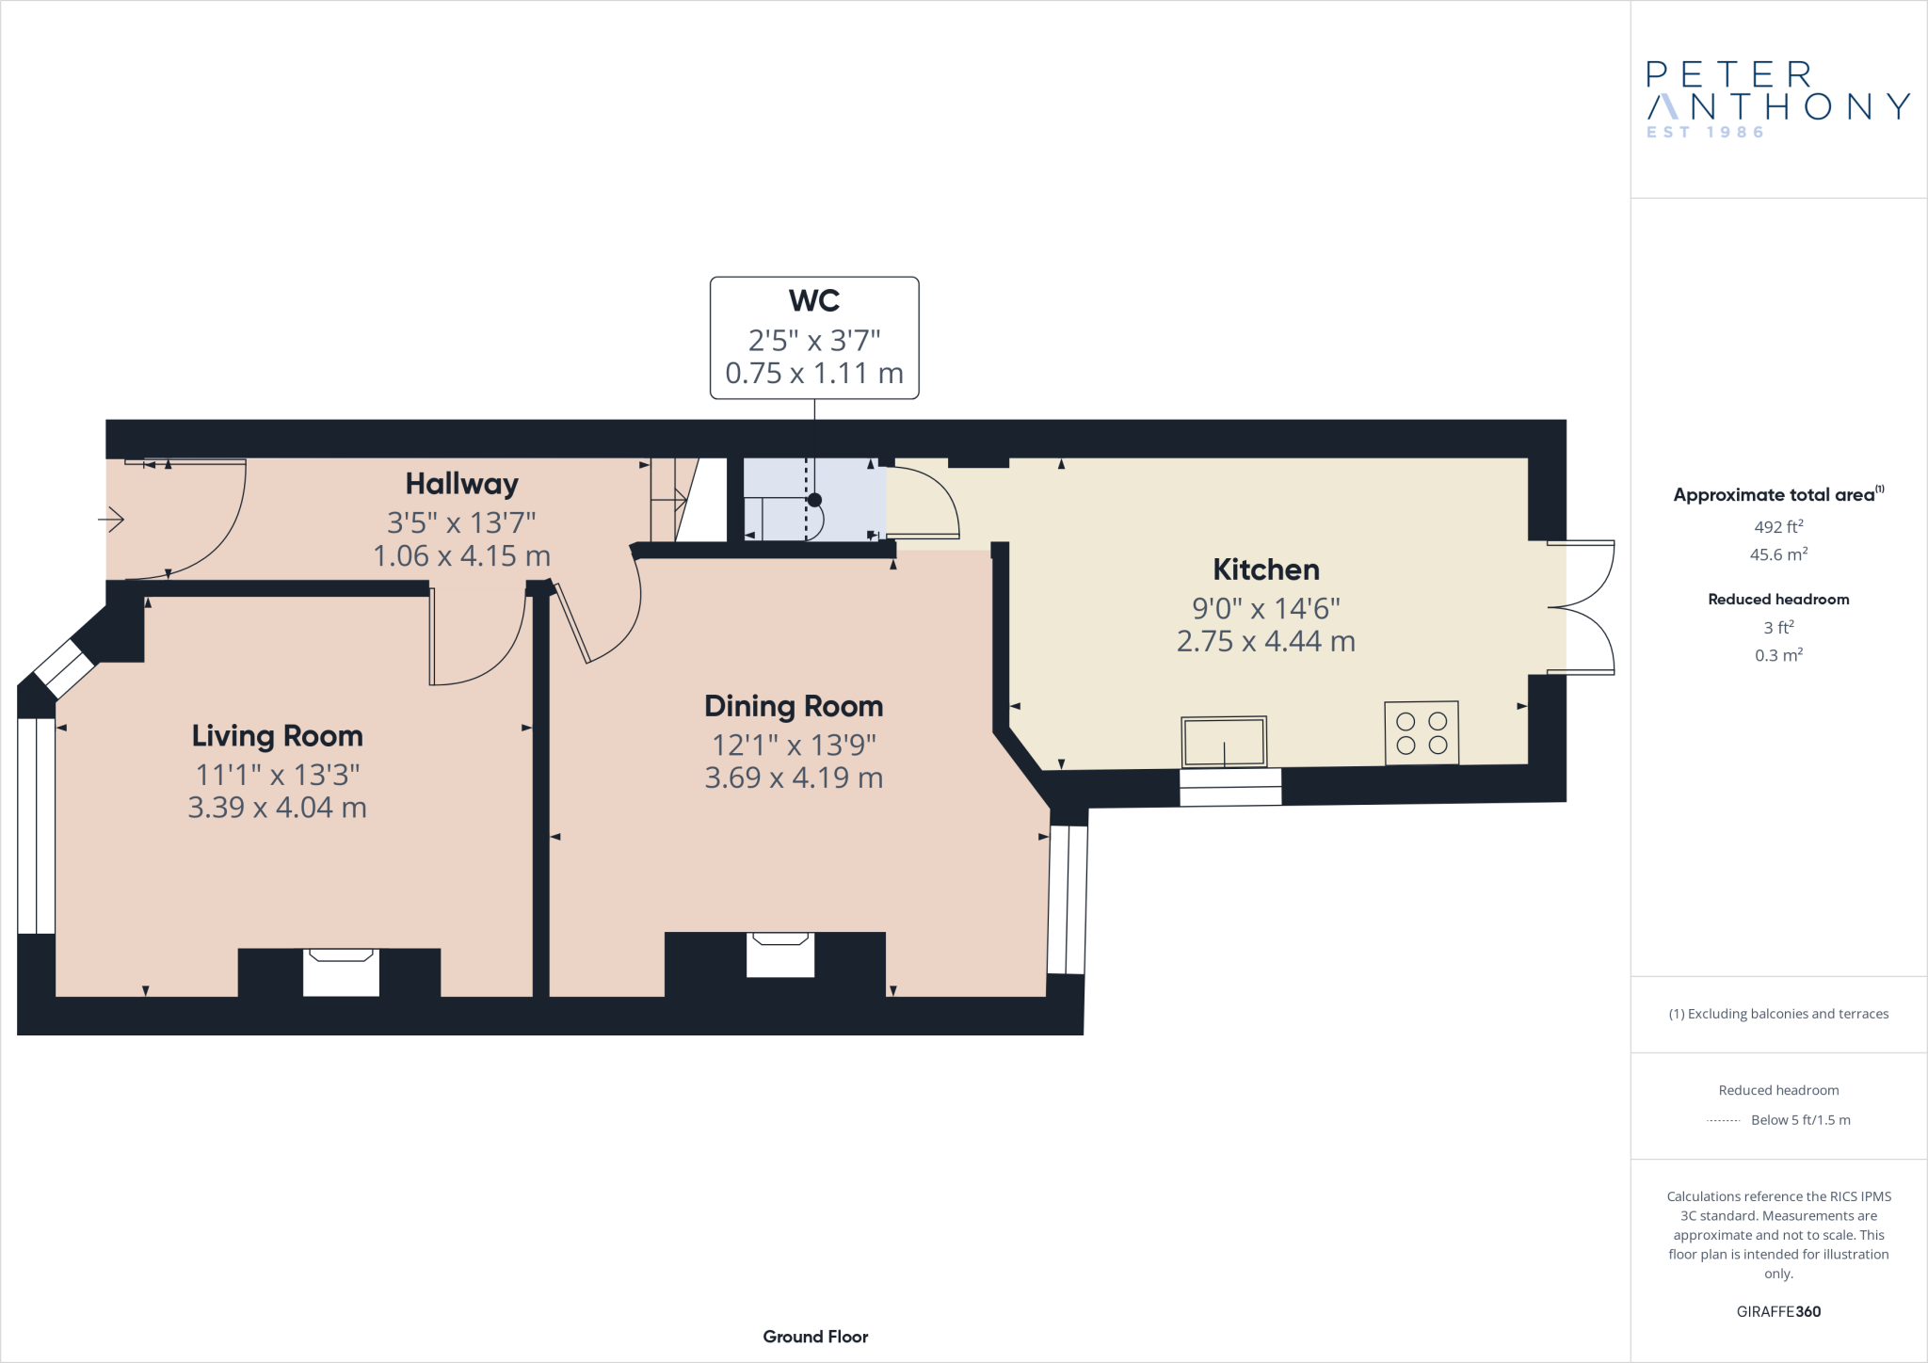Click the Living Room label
[277, 736]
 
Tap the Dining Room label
[794, 706]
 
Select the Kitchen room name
[1265, 569]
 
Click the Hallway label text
[461, 484]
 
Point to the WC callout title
[813, 300]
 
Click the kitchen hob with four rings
[1421, 732]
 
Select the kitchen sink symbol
[1224, 742]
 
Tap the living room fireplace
[341, 971]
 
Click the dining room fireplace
[779, 954]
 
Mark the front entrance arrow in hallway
[111, 519]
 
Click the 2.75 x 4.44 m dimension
[1265, 642]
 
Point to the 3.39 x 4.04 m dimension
[277, 808]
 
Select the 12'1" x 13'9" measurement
[794, 746]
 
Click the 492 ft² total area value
[1777, 527]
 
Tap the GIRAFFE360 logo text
[1777, 1311]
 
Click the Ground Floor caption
[815, 1337]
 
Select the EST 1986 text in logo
[1705, 133]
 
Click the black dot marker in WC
[814, 500]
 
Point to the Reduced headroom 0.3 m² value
[1777, 655]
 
